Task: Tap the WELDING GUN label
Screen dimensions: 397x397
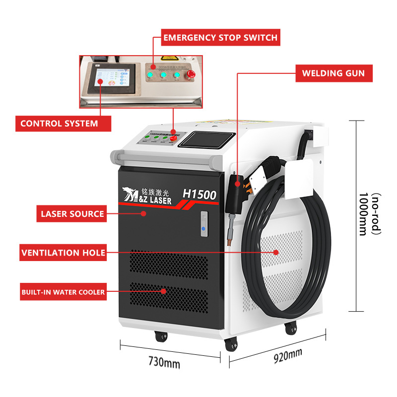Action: point(333,73)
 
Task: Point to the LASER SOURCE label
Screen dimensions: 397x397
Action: point(72,214)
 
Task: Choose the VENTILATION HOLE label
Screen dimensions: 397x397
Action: point(64,253)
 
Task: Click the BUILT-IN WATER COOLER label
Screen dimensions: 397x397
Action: point(63,292)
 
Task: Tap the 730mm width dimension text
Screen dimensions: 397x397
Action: point(164,363)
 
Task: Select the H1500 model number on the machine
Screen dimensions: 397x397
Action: point(199,195)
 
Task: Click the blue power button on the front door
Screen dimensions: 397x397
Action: point(202,229)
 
